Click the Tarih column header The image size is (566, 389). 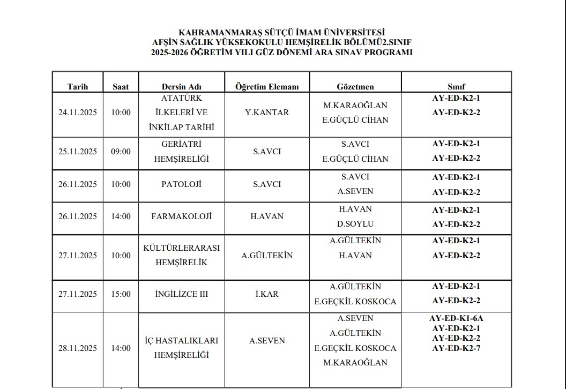pos(77,87)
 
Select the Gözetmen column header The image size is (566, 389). pos(355,87)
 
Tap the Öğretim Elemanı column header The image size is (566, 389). pos(267,87)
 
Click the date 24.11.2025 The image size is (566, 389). pos(78,113)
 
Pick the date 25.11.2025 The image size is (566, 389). pos(78,152)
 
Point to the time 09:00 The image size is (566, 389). pos(121,152)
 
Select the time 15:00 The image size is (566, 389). pos(121,294)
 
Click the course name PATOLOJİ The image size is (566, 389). pos(181,184)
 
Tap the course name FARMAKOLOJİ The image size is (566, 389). pos(181,216)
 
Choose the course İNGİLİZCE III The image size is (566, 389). pos(181,294)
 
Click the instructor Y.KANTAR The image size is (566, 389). pos(267,113)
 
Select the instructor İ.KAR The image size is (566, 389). pos(267,294)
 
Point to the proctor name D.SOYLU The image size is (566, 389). pos(355,224)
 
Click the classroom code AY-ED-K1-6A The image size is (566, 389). pos(456,318)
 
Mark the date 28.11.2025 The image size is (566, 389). pos(78,348)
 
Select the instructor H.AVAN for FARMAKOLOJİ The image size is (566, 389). pos(267,216)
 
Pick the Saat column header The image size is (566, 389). pos(121,87)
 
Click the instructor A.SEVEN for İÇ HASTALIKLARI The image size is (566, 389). pos(267,341)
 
